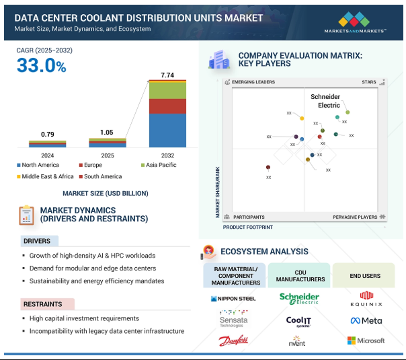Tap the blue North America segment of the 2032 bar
click(x=167, y=130)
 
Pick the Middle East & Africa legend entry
click(x=45, y=176)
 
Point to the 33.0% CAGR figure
click(x=42, y=66)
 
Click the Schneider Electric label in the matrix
click(x=325, y=101)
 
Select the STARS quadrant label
click(x=368, y=82)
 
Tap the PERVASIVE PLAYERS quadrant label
click(x=355, y=217)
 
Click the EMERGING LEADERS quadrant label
click(x=253, y=82)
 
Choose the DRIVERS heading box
click(x=40, y=241)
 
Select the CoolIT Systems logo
click(x=298, y=321)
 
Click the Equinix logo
click(x=366, y=297)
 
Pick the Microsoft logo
click(x=366, y=340)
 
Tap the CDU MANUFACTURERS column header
click(x=299, y=275)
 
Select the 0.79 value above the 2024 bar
click(x=48, y=135)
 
